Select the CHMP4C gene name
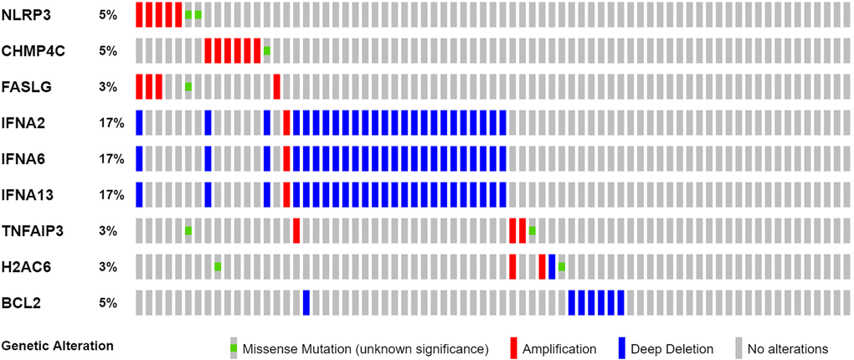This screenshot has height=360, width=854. point(33,51)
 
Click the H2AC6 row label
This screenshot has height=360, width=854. point(27,267)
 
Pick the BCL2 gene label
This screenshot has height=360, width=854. point(21,303)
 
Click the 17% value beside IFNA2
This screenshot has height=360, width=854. point(111,123)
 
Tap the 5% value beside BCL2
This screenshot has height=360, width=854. point(108,303)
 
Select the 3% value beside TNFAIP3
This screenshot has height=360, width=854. point(108,231)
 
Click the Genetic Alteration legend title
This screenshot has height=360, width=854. point(58,345)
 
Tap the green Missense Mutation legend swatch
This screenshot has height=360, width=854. point(234,347)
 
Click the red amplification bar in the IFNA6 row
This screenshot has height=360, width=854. point(286,159)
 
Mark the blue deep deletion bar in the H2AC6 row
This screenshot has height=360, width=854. point(552,267)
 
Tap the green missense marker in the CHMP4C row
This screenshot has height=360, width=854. point(267,51)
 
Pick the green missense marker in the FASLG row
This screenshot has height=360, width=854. point(188,87)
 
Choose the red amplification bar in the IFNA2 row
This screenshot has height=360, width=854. point(286,123)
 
